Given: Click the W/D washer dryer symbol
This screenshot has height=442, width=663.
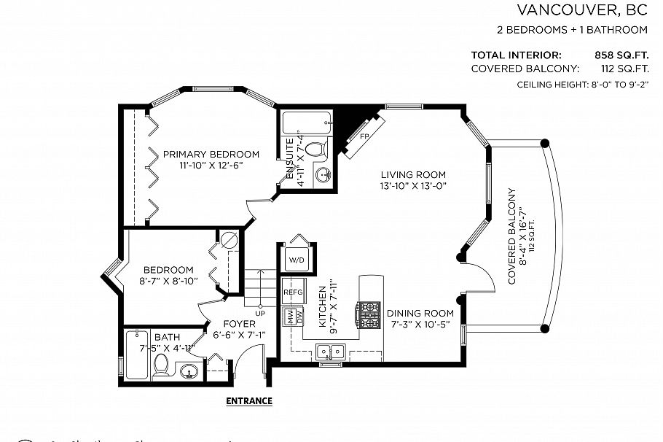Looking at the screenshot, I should point(296,260).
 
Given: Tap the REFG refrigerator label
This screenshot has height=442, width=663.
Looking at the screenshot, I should point(292,292).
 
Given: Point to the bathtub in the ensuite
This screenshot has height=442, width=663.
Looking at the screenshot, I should point(305,121).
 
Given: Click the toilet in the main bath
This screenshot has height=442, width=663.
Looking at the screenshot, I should point(161,365).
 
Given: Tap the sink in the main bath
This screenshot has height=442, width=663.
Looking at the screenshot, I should point(188,372).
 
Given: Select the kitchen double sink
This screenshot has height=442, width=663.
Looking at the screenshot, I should point(331,353).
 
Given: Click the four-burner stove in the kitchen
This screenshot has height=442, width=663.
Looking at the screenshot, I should point(368,314).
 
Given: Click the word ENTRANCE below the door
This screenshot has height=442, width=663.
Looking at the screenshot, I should point(249,400).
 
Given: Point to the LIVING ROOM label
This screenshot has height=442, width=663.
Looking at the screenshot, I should point(413,174).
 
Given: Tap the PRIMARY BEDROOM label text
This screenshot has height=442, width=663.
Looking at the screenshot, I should point(211,154).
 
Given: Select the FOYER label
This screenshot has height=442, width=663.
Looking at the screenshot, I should point(239,324).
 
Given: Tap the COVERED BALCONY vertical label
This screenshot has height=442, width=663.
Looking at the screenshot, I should point(511,236).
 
